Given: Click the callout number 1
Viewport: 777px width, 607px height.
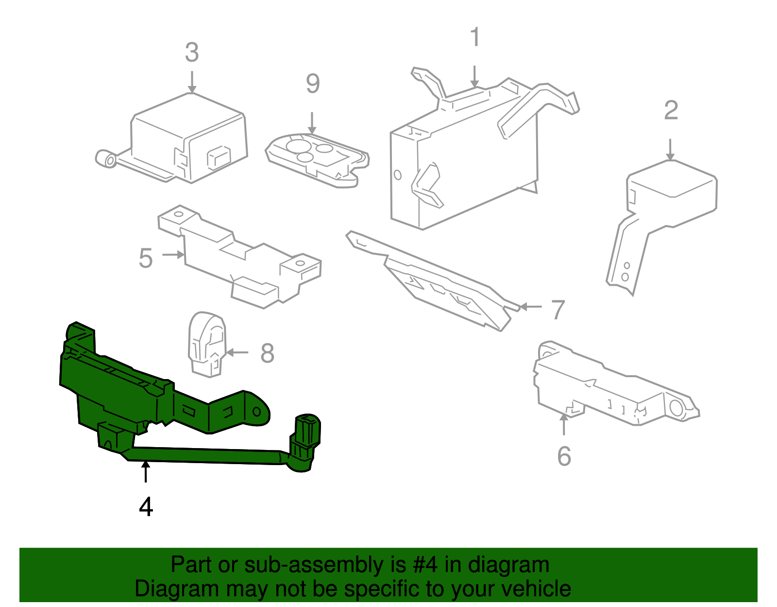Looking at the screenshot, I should (x=475, y=37).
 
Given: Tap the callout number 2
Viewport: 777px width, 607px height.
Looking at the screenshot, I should (x=671, y=111).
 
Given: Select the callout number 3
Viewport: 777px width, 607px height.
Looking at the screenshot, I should (x=192, y=52).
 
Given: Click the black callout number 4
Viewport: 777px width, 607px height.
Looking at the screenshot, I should (x=146, y=507).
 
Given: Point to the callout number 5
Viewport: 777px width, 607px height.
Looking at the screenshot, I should (x=146, y=259).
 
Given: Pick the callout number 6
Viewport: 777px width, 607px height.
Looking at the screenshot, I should (x=564, y=456).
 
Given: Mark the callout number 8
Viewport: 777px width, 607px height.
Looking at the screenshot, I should (x=267, y=353).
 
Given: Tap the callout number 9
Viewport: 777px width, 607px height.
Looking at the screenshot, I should (x=313, y=84).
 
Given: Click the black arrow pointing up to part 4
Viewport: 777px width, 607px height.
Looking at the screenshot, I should (x=145, y=471).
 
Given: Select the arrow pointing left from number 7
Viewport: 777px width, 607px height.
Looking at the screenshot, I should (x=530, y=307).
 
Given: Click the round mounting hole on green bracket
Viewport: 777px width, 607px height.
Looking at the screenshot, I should (x=257, y=412).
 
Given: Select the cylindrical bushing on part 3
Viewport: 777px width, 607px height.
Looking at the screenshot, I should (x=106, y=159).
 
